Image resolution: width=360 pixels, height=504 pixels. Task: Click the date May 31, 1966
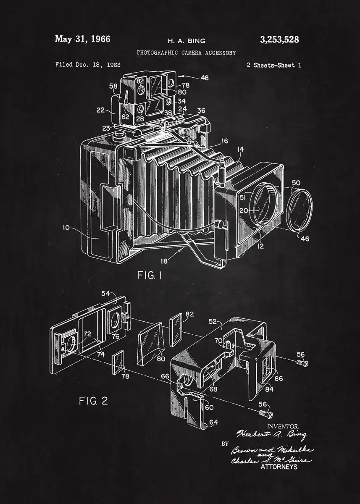click(82, 39)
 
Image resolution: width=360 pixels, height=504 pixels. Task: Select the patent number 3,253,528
click(279, 39)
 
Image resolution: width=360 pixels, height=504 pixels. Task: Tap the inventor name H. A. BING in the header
click(187, 41)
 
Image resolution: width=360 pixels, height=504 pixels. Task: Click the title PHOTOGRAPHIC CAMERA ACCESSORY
click(186, 53)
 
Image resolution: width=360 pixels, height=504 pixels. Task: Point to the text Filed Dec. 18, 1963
click(88, 65)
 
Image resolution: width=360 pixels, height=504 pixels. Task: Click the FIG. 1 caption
click(150, 276)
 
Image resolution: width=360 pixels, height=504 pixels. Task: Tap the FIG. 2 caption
click(93, 401)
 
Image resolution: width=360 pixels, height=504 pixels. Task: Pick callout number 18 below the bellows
click(164, 261)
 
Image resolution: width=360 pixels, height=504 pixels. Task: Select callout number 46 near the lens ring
click(305, 239)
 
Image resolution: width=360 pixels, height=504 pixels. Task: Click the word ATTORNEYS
click(279, 467)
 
